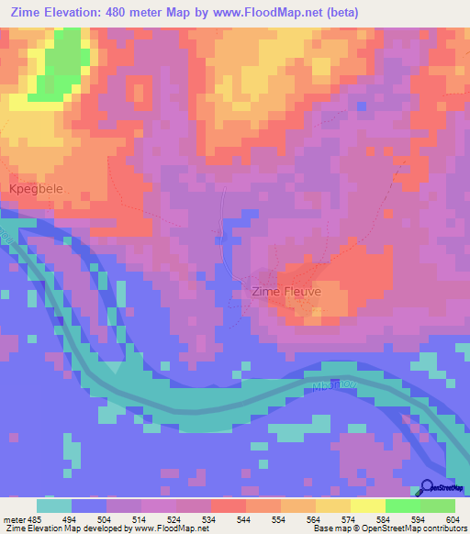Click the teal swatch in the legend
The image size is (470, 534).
coord(54,506)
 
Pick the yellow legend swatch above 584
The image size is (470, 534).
coord(367,506)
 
